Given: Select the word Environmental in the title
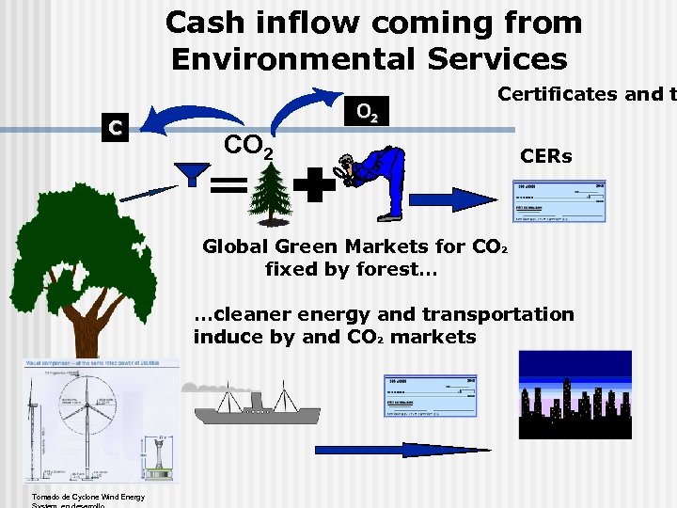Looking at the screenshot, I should [x=292, y=59].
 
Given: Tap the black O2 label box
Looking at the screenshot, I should [x=368, y=115].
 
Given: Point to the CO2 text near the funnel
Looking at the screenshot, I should [x=249, y=146].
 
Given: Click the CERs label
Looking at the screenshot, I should [x=545, y=156].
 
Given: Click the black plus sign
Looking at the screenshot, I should [x=314, y=187].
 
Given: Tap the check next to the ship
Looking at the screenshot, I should [x=429, y=396].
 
